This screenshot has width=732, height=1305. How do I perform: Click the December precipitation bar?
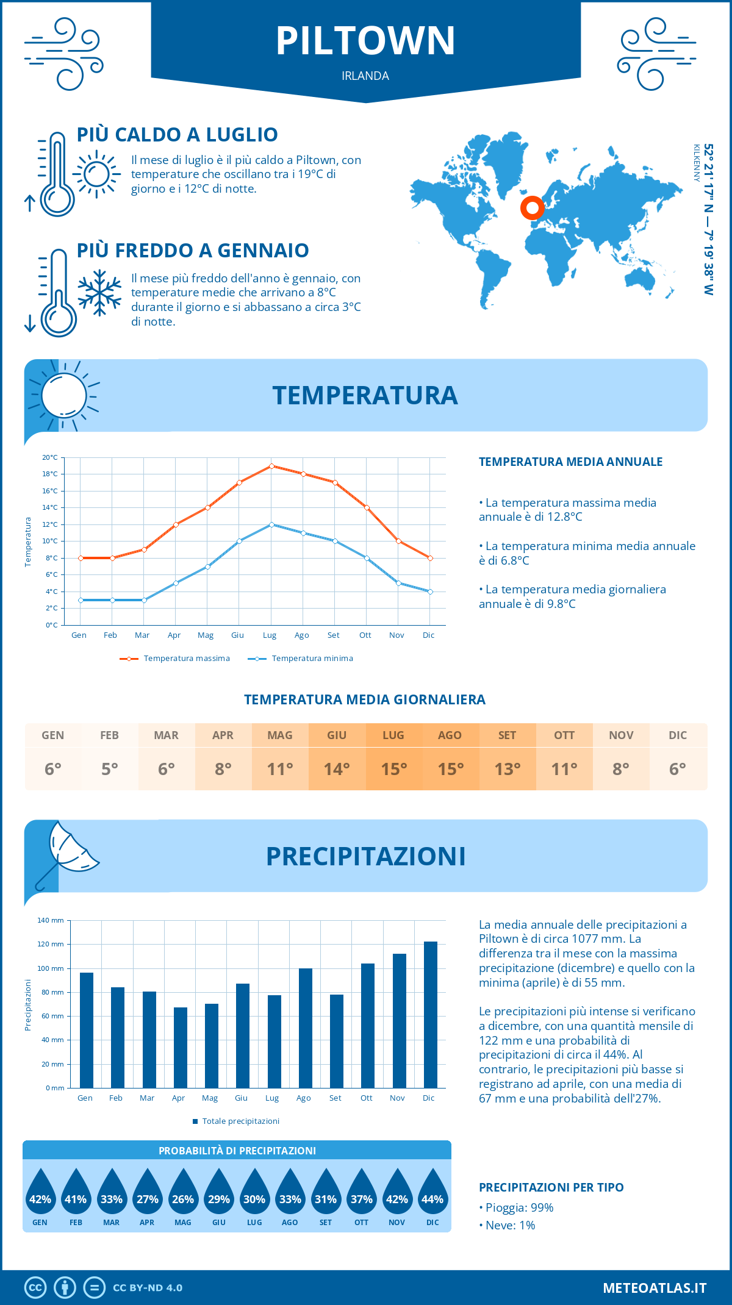(x=431, y=1015)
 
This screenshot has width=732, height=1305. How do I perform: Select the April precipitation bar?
(x=180, y=1048)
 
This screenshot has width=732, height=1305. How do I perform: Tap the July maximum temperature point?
(x=271, y=466)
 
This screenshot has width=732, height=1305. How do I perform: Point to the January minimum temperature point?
(x=81, y=600)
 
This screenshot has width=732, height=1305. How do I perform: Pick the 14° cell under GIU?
(x=337, y=769)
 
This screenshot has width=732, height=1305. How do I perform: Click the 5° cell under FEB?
(x=110, y=769)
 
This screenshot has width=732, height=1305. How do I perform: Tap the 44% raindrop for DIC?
(x=432, y=1199)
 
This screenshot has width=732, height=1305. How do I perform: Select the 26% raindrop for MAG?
(x=183, y=1199)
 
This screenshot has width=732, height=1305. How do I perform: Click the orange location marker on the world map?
(x=533, y=208)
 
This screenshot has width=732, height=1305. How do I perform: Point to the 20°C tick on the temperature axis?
(x=50, y=457)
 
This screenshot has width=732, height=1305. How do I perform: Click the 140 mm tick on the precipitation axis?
(x=51, y=920)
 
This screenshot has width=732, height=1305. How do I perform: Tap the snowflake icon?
(x=99, y=293)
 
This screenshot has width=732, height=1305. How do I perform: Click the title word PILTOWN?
(x=365, y=41)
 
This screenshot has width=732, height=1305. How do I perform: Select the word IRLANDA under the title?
(x=365, y=76)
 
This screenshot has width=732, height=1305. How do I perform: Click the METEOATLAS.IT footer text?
(x=655, y=1288)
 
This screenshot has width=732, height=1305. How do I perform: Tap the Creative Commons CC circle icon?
(x=35, y=1287)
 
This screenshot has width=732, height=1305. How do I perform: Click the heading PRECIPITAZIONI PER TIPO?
(x=551, y=1187)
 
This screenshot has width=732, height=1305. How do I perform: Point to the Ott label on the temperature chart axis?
(x=365, y=635)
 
